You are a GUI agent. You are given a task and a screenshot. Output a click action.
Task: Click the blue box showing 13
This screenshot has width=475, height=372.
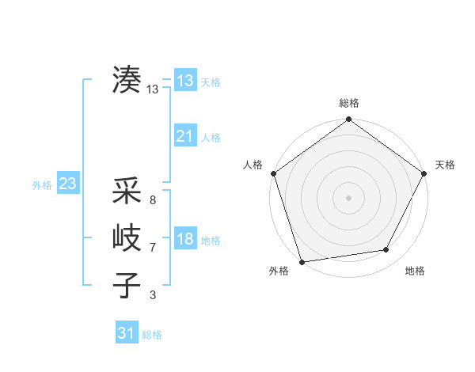click(x=185, y=81)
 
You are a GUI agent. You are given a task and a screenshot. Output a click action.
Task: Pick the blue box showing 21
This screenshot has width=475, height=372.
click(x=185, y=136)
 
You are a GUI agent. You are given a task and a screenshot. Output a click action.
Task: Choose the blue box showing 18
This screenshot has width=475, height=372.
click(x=185, y=239)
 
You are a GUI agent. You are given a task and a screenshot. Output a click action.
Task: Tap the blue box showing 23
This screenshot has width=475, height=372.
click(x=67, y=184)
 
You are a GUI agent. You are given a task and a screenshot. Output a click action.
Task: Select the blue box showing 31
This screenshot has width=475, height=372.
click(x=127, y=333)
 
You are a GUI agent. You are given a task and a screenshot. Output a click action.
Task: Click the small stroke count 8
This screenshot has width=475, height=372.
click(x=153, y=200)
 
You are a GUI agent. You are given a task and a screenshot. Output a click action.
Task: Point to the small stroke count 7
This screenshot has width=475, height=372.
click(x=153, y=248)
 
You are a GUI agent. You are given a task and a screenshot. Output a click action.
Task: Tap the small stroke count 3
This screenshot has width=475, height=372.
click(x=153, y=295)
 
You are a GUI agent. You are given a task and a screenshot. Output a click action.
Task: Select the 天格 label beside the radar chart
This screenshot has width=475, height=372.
click(x=446, y=165)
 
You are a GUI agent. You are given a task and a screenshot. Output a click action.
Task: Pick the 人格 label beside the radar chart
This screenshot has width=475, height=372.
click(x=253, y=165)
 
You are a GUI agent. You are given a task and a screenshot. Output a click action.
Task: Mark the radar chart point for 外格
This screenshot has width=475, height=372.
click(x=302, y=261)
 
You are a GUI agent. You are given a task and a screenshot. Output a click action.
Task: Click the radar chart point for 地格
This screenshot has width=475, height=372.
click(x=386, y=250)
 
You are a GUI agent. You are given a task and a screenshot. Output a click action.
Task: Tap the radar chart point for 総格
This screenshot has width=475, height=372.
click(x=349, y=120)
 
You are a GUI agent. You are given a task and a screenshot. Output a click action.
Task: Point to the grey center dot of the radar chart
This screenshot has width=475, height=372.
click(x=349, y=197)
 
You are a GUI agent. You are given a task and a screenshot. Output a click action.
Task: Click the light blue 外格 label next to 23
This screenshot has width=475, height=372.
click(x=42, y=185)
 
